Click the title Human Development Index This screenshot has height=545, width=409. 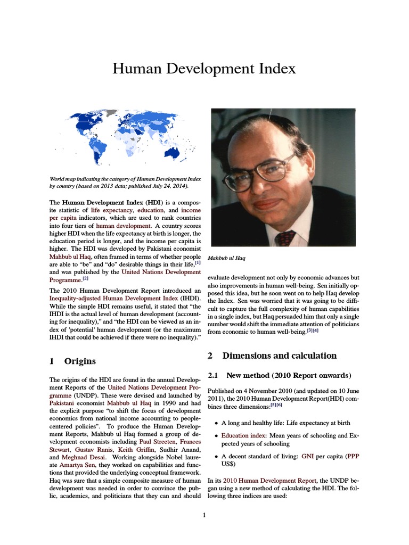click(x=204, y=69)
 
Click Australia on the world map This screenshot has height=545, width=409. click(x=171, y=153)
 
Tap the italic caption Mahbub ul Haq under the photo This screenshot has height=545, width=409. click(x=226, y=258)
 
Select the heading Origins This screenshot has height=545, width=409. click(x=80, y=361)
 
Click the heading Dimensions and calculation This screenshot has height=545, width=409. click(x=279, y=356)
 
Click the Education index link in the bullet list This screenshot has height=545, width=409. click(x=242, y=435)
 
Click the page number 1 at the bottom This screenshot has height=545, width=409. click(x=204, y=515)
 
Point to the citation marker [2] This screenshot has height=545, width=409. click(x=85, y=278)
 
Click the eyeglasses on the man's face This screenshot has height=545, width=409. click(x=264, y=171)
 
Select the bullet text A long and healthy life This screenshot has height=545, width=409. click(x=253, y=423)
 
